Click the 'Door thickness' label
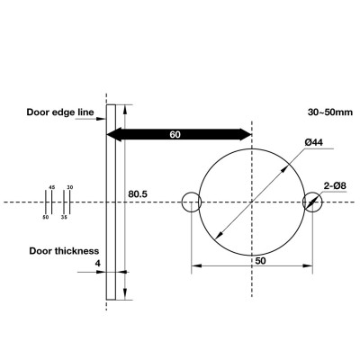tap(63, 251)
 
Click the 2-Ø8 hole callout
tap(336, 186)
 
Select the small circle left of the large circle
tap(191, 202)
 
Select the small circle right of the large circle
tap(312, 202)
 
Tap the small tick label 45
tap(51, 187)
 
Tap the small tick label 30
tap(70, 187)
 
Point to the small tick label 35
tap(64, 217)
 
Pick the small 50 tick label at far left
tap(45, 217)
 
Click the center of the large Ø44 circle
tap(252, 202)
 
